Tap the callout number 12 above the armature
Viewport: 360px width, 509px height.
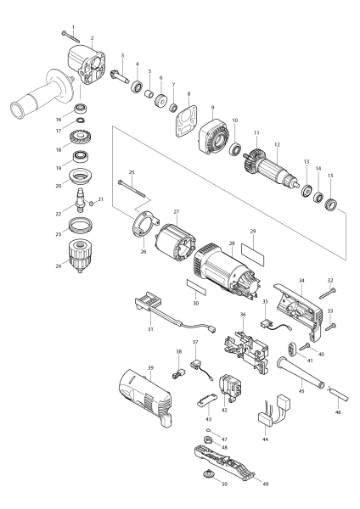[x=275, y=145]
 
